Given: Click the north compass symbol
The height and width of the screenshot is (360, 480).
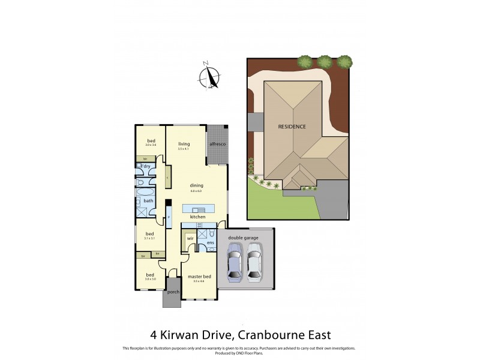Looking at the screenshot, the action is click(x=209, y=76).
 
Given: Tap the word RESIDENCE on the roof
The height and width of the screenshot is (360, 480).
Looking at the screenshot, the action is click(x=292, y=127).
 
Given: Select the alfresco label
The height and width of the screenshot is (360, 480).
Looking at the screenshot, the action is click(x=217, y=145).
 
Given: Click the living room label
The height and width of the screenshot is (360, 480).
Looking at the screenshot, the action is click(x=184, y=144).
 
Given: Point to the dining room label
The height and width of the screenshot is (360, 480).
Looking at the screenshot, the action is click(x=197, y=185).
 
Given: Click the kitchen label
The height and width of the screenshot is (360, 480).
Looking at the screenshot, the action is click(x=197, y=217).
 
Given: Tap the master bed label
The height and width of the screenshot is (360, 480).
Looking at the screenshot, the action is click(x=199, y=276).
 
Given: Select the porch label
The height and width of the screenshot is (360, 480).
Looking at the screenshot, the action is click(x=173, y=292).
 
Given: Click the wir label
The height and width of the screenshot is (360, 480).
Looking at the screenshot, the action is click(x=190, y=238).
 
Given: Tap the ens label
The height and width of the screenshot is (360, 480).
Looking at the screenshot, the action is click(x=211, y=242).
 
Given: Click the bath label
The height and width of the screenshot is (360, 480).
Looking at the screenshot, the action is click(x=148, y=201).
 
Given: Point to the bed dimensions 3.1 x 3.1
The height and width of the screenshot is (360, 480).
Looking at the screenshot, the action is click(x=149, y=239).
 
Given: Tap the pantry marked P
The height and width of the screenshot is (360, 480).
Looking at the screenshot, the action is click(x=169, y=217).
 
